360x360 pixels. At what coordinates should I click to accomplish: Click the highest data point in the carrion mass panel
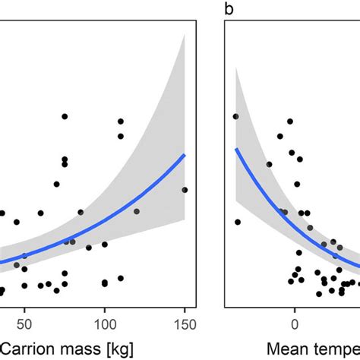click(x=65, y=116)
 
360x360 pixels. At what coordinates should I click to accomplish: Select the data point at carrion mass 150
click(x=185, y=190)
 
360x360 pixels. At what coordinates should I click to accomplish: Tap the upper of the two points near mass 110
click(x=120, y=122)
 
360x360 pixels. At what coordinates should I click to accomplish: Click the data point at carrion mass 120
click(x=137, y=211)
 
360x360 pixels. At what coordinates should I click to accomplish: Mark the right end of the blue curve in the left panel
click(x=185, y=155)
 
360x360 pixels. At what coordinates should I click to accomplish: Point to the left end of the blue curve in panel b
click(x=235, y=150)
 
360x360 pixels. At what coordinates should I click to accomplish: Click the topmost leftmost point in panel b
click(x=235, y=116)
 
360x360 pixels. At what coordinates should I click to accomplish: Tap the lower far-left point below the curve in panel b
click(x=238, y=222)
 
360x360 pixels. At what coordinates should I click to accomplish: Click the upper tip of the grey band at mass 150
click(x=185, y=36)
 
